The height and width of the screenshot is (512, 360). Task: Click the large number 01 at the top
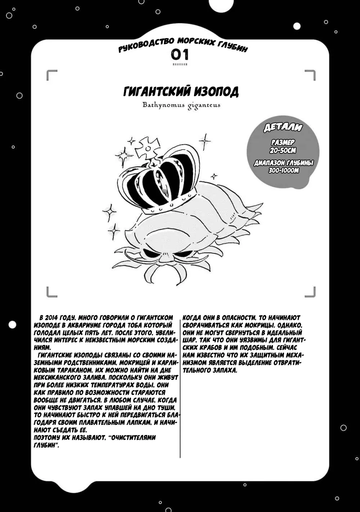[x=180, y=55]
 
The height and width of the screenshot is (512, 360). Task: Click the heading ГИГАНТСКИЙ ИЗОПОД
[x=181, y=91]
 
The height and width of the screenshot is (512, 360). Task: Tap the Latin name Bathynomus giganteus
[x=181, y=105]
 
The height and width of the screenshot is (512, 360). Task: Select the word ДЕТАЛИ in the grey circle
[x=283, y=127]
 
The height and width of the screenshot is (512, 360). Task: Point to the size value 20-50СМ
[x=283, y=151]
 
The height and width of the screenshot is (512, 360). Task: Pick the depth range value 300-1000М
[x=284, y=170]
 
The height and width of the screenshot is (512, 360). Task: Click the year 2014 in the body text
[x=53, y=318]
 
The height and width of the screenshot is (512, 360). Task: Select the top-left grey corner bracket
[x=51, y=75]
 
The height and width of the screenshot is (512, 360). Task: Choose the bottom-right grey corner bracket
[x=310, y=292]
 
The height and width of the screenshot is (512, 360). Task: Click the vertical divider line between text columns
[x=180, y=385]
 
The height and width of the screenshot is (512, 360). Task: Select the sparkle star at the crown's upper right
[x=205, y=141]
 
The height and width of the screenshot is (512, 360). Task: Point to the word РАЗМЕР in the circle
[x=283, y=143]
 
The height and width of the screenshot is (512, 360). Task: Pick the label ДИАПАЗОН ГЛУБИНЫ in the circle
[x=284, y=163]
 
